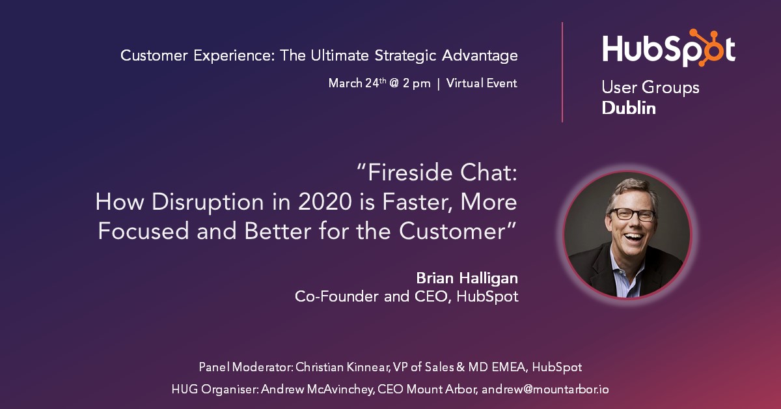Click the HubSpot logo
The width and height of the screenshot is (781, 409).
[x=668, y=49]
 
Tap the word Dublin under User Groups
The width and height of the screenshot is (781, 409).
[x=629, y=108]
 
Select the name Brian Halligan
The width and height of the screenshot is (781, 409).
[x=467, y=278]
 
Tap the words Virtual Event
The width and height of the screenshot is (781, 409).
[x=482, y=83]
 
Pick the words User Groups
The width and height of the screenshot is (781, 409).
[x=650, y=87]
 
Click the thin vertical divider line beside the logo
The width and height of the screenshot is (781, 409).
[x=562, y=72]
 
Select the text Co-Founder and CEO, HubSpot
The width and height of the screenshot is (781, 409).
[x=407, y=296]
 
